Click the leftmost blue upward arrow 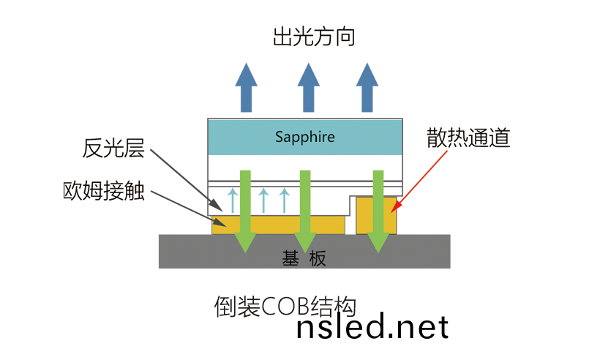pyautogui.click(x=245, y=86)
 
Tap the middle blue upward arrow pyautogui.click(x=309, y=86)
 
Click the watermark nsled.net pyautogui.click(x=372, y=326)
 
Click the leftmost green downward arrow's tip pyautogui.click(x=246, y=249)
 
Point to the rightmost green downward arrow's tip pyautogui.click(x=378, y=249)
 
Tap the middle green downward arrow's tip pyautogui.click(x=305, y=249)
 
